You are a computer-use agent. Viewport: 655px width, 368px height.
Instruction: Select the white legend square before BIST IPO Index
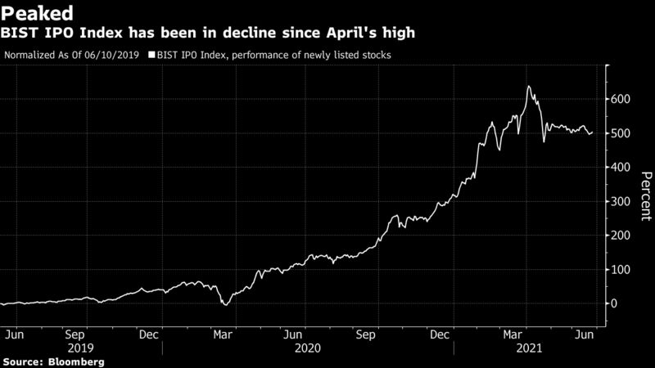click(x=151, y=56)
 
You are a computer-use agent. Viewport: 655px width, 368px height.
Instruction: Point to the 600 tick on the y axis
click(x=623, y=99)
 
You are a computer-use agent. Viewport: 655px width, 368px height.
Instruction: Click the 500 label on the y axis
click(x=623, y=133)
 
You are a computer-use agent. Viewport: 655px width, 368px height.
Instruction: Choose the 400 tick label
click(x=623, y=167)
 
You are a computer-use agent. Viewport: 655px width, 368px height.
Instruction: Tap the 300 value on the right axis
click(x=623, y=201)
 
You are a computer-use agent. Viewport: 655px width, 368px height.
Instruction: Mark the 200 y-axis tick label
click(x=623, y=236)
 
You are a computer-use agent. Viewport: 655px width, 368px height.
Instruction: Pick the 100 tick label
click(x=623, y=269)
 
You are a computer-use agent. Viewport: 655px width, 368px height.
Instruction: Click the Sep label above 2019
click(x=75, y=334)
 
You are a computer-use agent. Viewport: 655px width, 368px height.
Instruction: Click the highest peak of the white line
click(x=529, y=86)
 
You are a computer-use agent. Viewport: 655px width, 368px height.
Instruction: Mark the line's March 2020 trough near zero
click(x=225, y=305)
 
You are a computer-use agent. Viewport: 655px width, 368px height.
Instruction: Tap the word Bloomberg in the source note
click(x=77, y=361)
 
